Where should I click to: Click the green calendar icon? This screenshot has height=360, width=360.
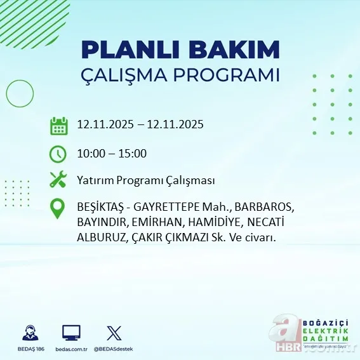(x=58, y=125)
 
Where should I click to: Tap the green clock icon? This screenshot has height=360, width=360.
(x=58, y=153)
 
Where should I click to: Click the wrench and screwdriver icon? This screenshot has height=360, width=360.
(x=58, y=180)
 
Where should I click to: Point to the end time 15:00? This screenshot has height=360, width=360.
(x=133, y=153)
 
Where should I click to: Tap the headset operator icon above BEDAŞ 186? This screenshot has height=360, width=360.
(x=29, y=333)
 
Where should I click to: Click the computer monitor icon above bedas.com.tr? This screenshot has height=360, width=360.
(x=71, y=333)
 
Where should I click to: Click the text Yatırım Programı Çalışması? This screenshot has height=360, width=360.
(x=145, y=180)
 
